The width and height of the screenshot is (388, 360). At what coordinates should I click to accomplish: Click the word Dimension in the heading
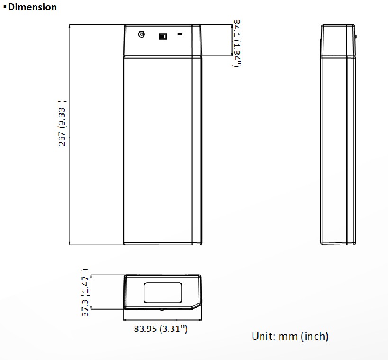pos(32,7)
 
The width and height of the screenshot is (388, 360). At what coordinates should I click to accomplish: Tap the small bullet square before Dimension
pos(5,6)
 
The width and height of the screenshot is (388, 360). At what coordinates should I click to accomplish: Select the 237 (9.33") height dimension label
pos(62,123)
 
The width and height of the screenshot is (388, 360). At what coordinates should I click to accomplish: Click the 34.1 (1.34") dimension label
pos(237,43)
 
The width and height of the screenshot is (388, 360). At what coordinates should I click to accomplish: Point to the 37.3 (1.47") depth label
pos(85,293)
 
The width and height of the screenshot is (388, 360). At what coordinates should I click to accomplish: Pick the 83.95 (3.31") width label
pos(161,329)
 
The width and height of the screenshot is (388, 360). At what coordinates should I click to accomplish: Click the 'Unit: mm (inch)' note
pos(290,336)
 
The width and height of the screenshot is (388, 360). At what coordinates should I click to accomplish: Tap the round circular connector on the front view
pos(141,34)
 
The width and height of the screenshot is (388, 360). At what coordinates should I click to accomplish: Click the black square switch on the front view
pos(162,37)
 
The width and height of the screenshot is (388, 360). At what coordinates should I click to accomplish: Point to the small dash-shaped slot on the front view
pos(180,34)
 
